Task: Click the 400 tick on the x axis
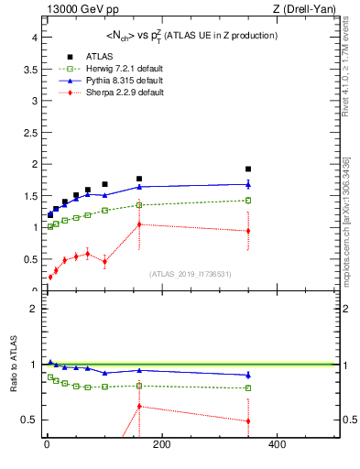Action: point(276,444)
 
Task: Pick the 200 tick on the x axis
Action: point(161,444)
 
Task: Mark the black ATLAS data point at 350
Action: point(248,169)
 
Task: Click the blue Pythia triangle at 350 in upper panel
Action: point(248,184)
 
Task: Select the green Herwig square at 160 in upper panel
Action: point(139,205)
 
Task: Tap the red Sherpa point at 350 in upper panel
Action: point(248,231)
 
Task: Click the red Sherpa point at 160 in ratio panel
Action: point(139,406)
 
